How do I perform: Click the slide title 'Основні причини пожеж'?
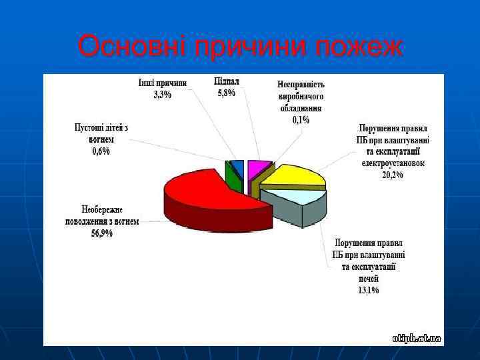coord(240,47)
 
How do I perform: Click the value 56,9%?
coord(101,233)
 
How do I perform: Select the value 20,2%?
coord(392,175)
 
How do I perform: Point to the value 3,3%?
coord(162,95)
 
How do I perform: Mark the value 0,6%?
coord(101,151)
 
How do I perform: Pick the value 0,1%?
coord(301,120)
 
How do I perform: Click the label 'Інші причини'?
coord(162,83)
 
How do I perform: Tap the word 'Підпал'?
coord(227,81)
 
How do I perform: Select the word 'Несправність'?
coord(301,85)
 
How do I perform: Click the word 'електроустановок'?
coord(393,163)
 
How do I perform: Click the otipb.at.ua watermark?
coord(417,339)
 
